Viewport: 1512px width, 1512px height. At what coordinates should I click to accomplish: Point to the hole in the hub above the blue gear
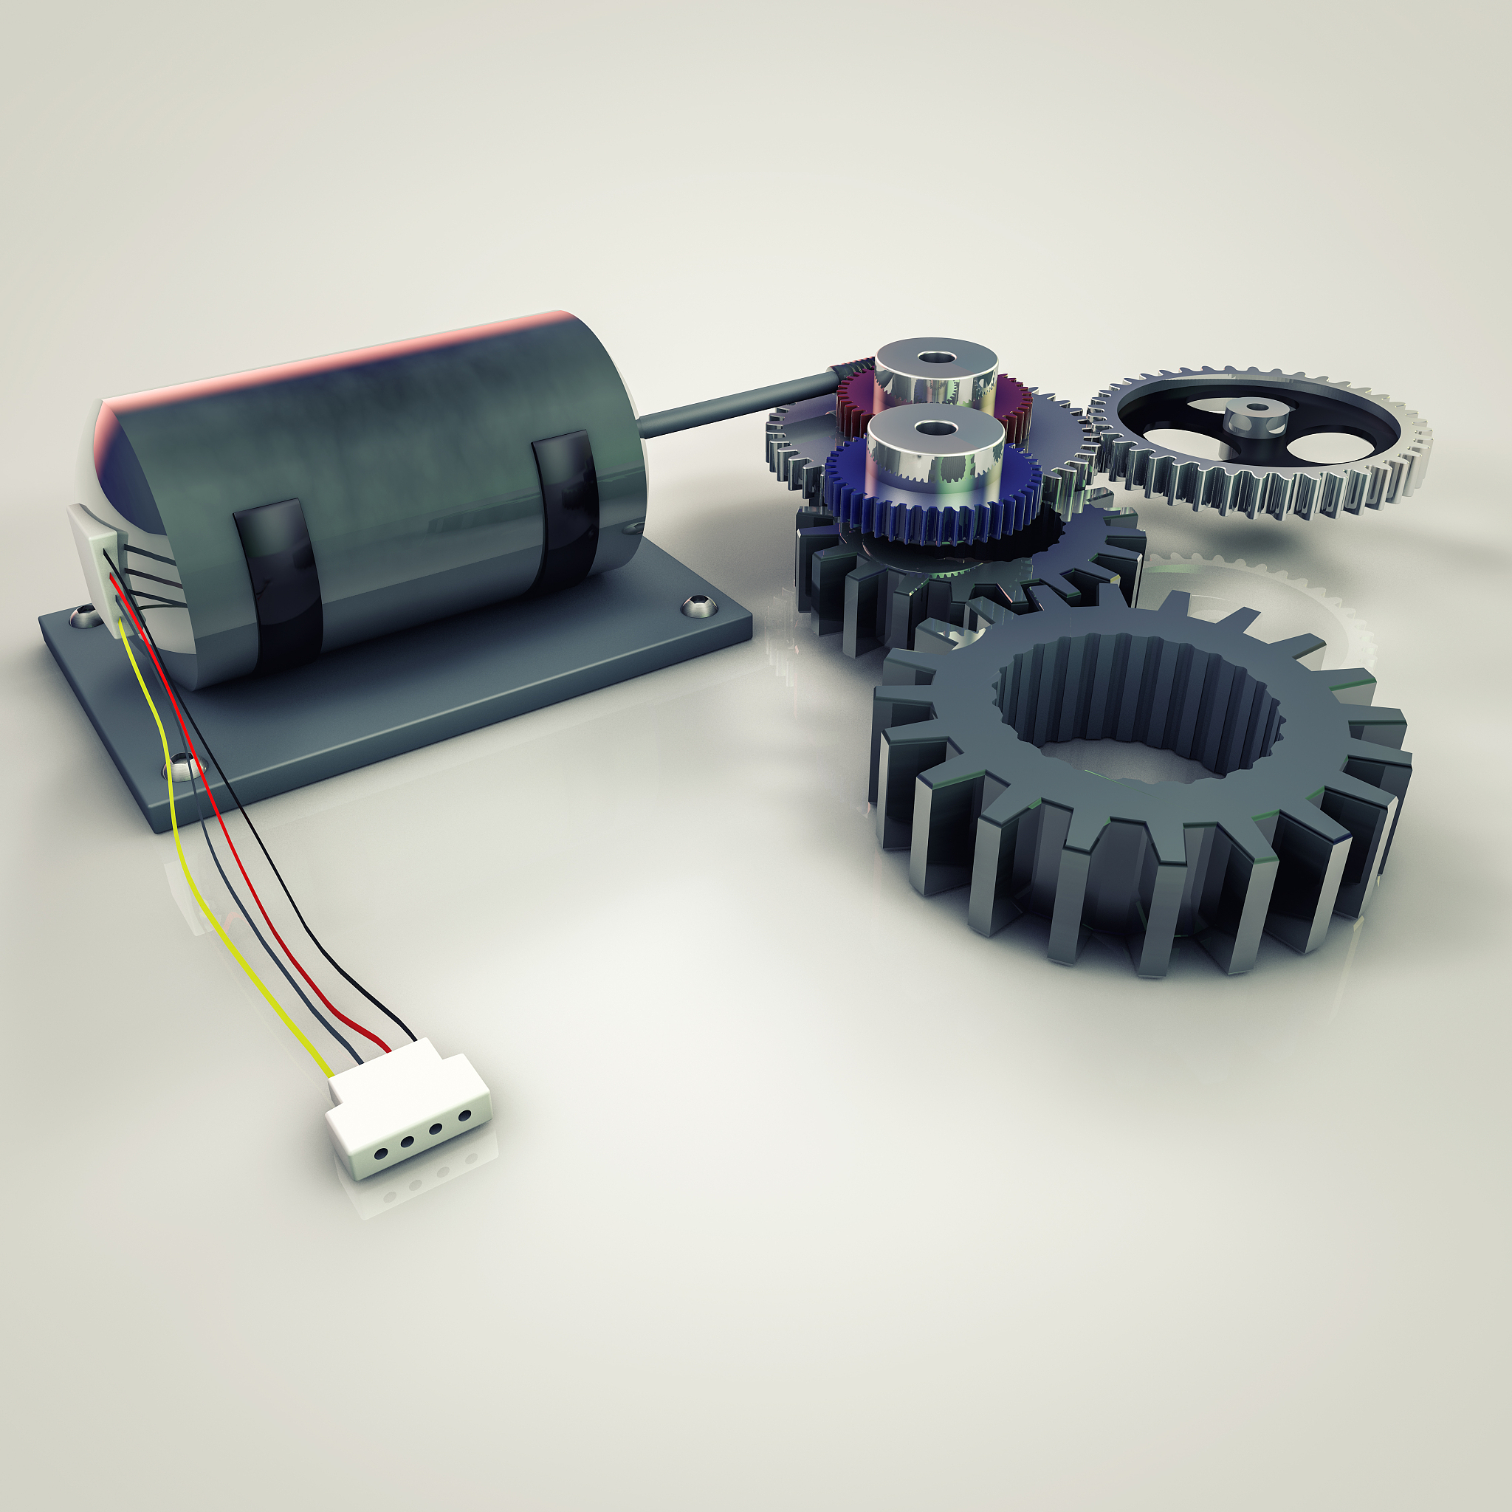(935, 428)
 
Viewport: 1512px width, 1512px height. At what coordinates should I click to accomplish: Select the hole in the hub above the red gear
(936, 357)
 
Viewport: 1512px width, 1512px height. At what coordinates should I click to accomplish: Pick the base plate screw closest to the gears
(693, 604)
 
